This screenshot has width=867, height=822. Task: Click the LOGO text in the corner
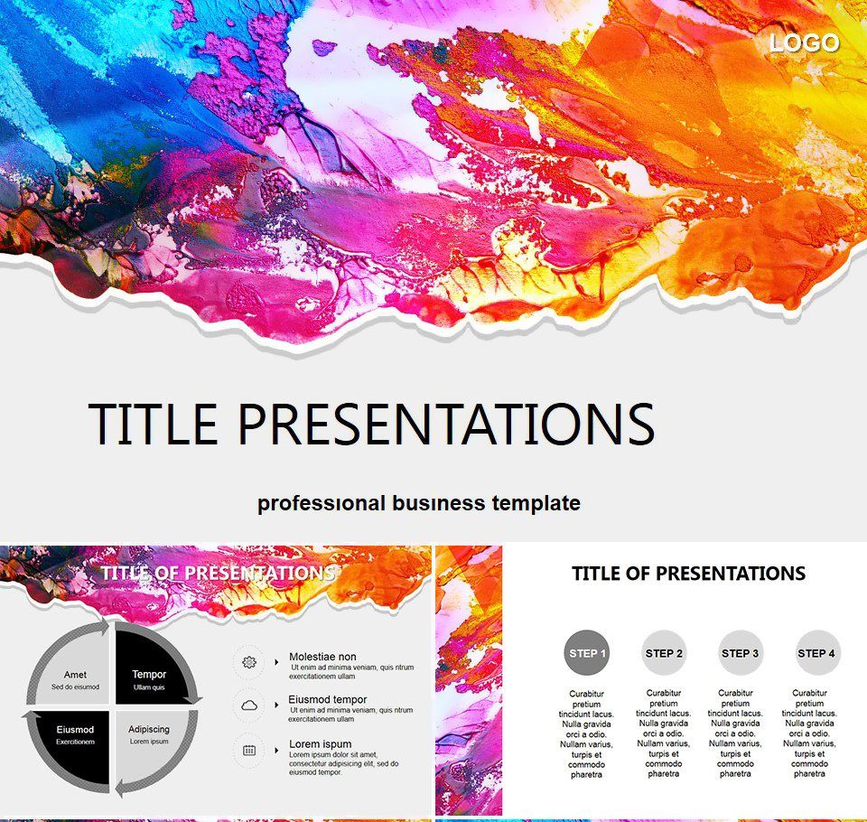pyautogui.click(x=804, y=42)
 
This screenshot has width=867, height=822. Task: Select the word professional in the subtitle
pyautogui.click(x=322, y=503)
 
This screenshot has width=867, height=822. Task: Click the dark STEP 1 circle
pyautogui.click(x=587, y=653)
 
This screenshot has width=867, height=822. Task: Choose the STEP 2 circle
pyautogui.click(x=665, y=653)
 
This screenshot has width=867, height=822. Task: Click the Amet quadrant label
pyautogui.click(x=75, y=675)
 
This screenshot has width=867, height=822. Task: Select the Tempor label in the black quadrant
pyautogui.click(x=149, y=675)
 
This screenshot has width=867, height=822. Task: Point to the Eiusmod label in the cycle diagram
pyautogui.click(x=75, y=729)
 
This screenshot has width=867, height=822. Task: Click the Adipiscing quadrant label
pyautogui.click(x=149, y=729)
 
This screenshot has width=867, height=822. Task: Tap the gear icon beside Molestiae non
pyautogui.click(x=250, y=662)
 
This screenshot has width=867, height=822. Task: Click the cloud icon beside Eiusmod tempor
pyautogui.click(x=250, y=705)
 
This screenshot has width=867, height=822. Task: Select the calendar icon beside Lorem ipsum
pyautogui.click(x=250, y=750)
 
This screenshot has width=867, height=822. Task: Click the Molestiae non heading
pyautogui.click(x=322, y=657)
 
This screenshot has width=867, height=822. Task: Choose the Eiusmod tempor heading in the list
pyautogui.click(x=328, y=699)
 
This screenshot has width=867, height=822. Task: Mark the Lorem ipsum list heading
pyautogui.click(x=321, y=744)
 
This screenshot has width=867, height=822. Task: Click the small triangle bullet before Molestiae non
pyautogui.click(x=276, y=662)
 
